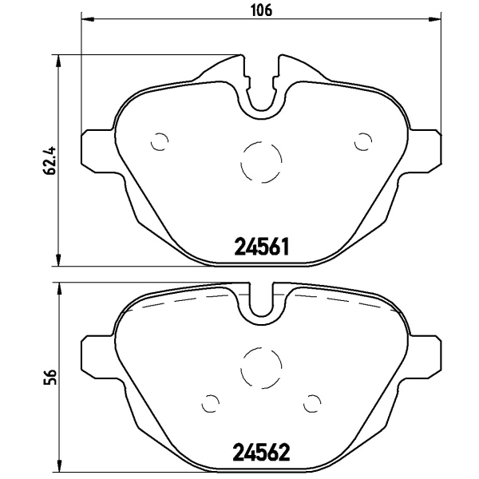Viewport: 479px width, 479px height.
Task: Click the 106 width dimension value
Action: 261,10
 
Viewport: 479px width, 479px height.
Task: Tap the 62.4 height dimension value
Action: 50,160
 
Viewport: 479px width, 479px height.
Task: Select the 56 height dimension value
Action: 50,377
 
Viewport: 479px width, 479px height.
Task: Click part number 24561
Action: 262,247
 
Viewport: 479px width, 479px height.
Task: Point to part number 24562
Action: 262,453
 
